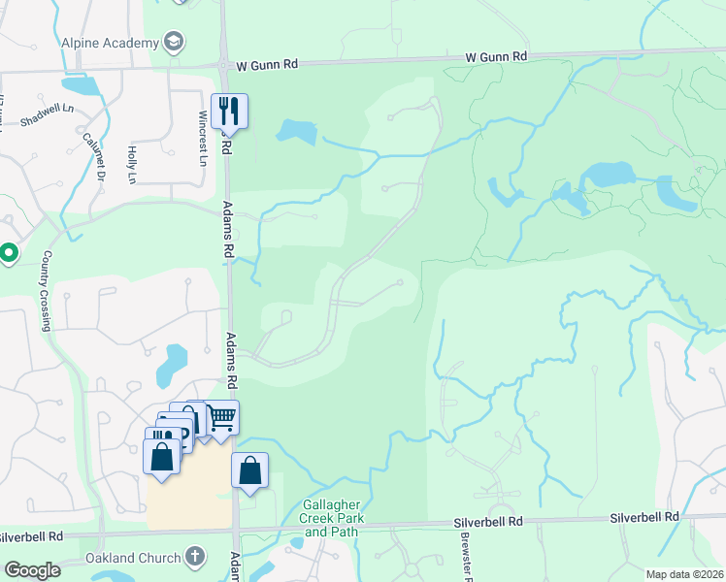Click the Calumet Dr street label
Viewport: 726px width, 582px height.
(93, 157)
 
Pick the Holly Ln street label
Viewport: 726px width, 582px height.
(132, 165)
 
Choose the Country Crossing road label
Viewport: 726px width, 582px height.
(46, 291)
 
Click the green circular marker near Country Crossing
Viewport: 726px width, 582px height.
(9, 254)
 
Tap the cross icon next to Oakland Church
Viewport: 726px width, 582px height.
(195, 558)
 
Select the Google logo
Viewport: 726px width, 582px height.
(32, 569)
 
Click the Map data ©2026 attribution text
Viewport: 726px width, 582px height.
(684, 574)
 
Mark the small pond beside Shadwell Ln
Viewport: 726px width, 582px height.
(84, 85)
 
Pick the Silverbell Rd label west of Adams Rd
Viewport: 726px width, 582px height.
(31, 535)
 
